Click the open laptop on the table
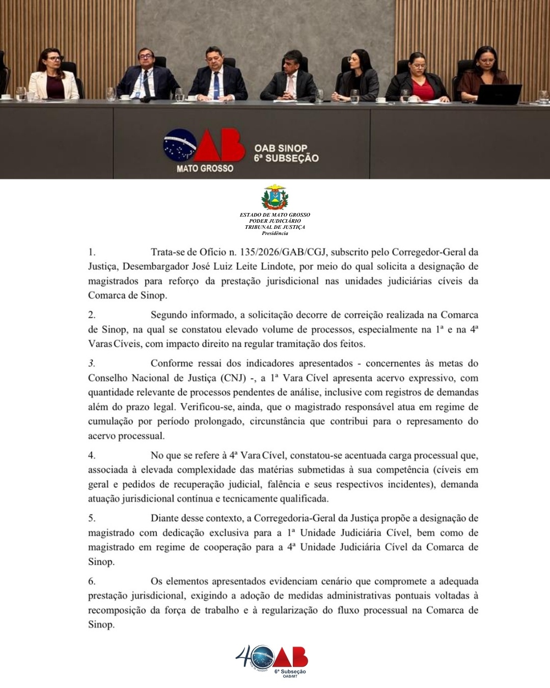coord(501,94)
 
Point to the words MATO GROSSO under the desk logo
coord(205,168)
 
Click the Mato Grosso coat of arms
coord(274,198)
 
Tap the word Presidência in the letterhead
coord(275,233)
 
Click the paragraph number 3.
coord(92,364)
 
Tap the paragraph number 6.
coord(92,581)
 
